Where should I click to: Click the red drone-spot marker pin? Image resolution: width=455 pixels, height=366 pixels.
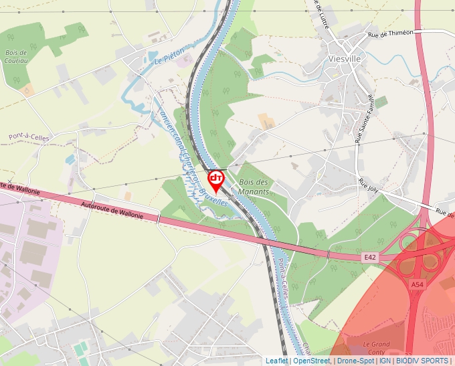point(216,180)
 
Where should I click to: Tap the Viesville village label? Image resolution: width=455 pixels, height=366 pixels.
point(345,59)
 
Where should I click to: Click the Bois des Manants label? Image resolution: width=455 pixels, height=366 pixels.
point(254,187)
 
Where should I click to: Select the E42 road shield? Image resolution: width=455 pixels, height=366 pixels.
point(370,257)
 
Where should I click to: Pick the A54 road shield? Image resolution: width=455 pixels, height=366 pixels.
point(418,284)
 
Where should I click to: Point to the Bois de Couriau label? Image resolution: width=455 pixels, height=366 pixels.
point(16,56)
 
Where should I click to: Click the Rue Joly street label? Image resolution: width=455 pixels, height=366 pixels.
point(368,185)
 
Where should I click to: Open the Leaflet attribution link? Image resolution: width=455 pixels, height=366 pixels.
point(276,361)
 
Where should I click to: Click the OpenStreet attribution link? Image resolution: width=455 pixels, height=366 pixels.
point(312,361)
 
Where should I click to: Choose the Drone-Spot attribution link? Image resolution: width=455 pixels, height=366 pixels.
point(355,361)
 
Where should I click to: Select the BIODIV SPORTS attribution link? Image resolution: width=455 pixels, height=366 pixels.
point(422,361)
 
